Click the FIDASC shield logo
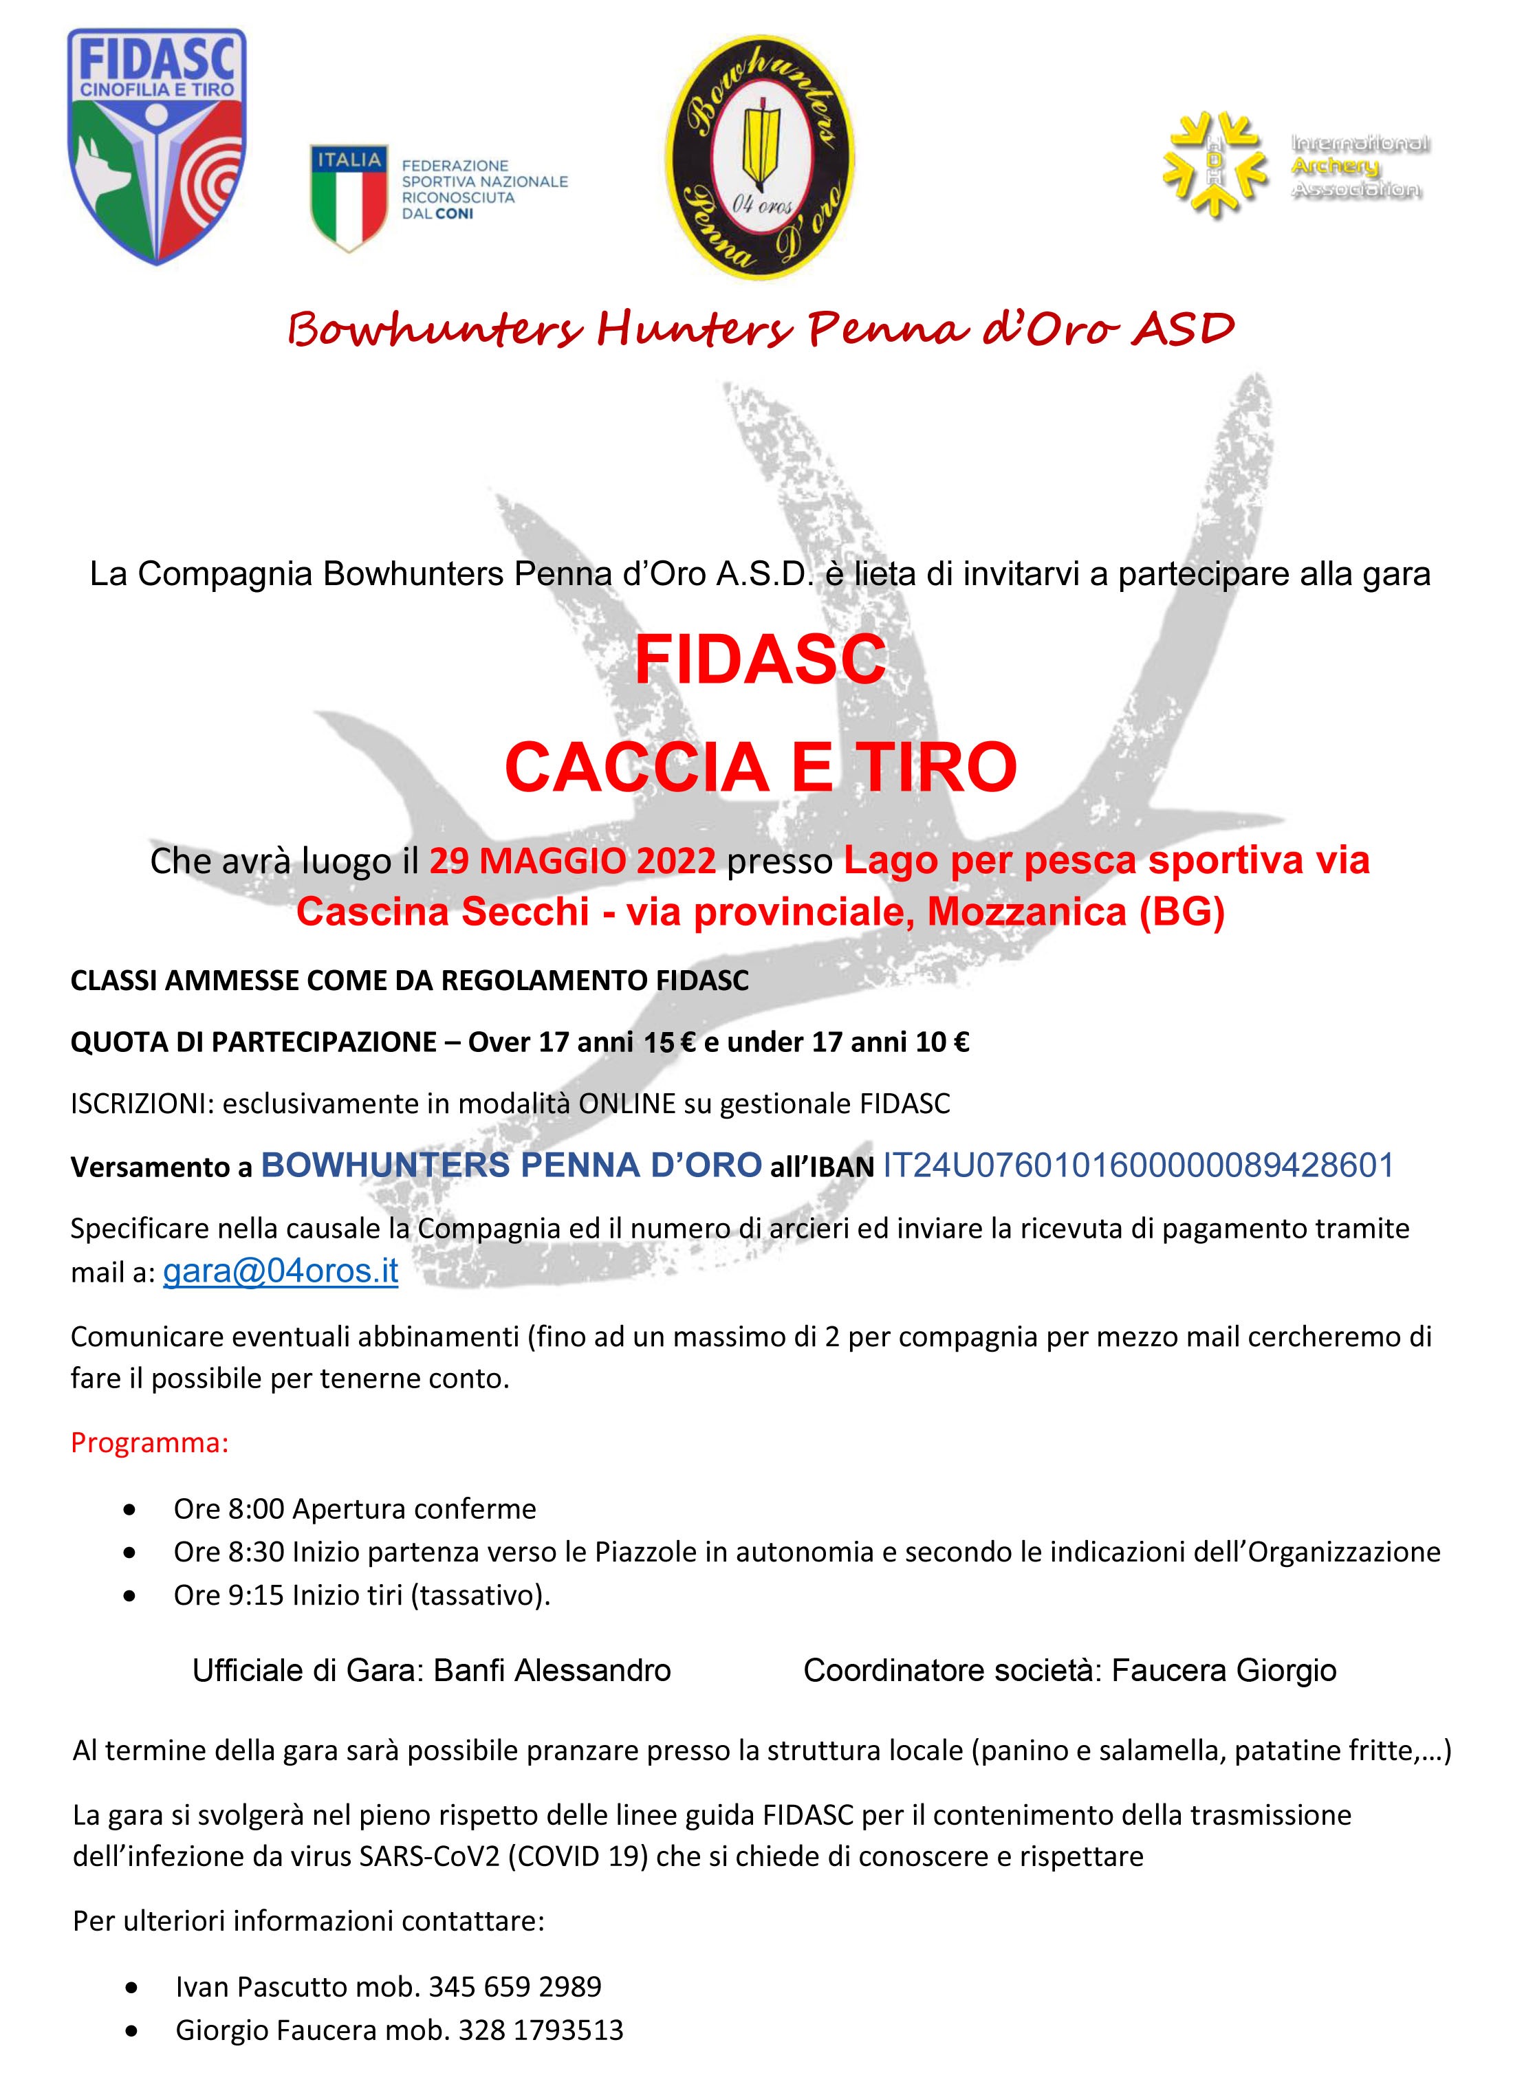[x=157, y=146]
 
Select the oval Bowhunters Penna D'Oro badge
[x=759, y=157]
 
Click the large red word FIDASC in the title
[x=760, y=659]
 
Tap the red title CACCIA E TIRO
[x=760, y=767]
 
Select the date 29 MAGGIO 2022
[x=572, y=860]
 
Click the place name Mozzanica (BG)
[x=1076, y=912]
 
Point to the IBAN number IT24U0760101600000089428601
[x=1137, y=1165]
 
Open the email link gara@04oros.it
[x=281, y=1271]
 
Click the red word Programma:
[x=149, y=1443]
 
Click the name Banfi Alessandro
[x=552, y=1670]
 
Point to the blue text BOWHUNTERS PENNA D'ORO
[x=511, y=1165]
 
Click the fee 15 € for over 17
[x=670, y=1043]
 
